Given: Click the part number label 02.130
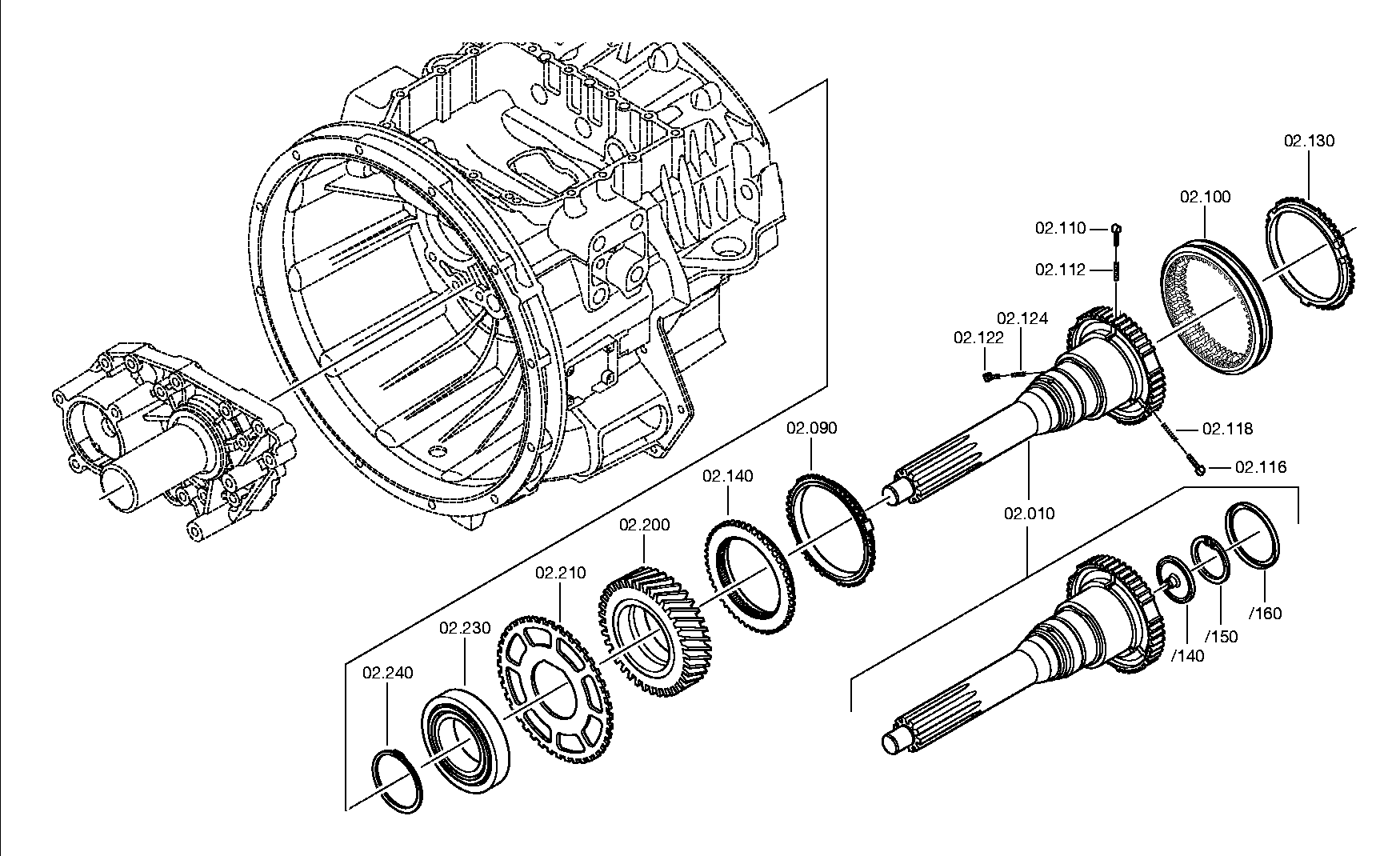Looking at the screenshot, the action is coord(1310,141).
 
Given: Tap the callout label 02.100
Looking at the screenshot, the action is coord(1206,197).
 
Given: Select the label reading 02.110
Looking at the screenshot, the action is coord(1061,228).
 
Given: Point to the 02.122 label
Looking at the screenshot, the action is coord(978,338).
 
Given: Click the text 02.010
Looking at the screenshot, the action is coord(1030,513).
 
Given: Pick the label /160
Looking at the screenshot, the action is coord(1265,614).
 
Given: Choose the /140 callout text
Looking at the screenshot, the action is coord(1187,656).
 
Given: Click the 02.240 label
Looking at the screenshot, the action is coord(388,673).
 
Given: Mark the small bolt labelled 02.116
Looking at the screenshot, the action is coord(1200,468).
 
